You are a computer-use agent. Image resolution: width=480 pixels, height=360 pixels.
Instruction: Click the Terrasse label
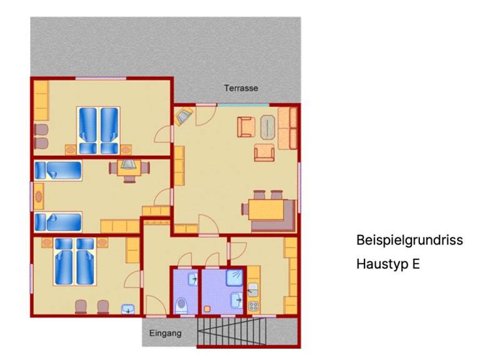[x=241, y=88]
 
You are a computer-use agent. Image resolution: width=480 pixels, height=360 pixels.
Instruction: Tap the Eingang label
[x=165, y=333]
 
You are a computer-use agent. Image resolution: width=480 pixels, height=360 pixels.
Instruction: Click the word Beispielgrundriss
[x=409, y=240]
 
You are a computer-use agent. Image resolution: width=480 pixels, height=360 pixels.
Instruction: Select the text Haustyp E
[x=388, y=264]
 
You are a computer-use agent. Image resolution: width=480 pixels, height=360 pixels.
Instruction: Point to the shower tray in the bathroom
[x=234, y=277]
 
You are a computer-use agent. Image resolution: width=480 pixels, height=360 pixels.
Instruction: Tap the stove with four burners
[x=254, y=306]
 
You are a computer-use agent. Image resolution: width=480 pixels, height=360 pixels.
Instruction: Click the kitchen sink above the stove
[x=253, y=290]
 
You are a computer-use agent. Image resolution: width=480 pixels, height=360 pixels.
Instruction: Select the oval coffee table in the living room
[x=268, y=127]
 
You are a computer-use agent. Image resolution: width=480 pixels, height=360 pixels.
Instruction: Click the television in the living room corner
[x=183, y=116]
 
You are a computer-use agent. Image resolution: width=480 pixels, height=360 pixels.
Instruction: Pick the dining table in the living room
[x=266, y=210]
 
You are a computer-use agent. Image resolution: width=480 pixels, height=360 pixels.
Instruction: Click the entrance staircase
[x=231, y=331]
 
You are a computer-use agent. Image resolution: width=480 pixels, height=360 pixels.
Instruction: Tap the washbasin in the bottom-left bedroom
[x=128, y=309]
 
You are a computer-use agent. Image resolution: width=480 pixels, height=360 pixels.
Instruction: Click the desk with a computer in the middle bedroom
[x=129, y=168]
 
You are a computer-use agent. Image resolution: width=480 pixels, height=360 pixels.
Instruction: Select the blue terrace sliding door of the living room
[x=243, y=105]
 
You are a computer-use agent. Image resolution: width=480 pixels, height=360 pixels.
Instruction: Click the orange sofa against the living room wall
[x=287, y=128]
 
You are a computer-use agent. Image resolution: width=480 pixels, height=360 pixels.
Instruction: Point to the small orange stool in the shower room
[x=207, y=309]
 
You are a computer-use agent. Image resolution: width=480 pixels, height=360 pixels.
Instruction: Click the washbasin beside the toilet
[x=193, y=279]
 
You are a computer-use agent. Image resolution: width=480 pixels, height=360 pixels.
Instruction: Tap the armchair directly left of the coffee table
[x=246, y=127]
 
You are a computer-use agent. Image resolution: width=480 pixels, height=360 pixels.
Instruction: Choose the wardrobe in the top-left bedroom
[x=41, y=101]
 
